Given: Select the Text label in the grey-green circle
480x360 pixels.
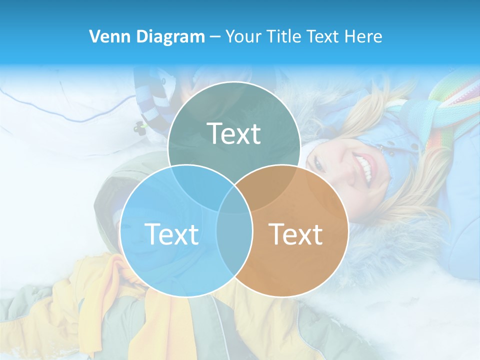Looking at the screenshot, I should coord(233,133).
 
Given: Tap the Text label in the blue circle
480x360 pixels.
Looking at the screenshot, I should coord(171,233).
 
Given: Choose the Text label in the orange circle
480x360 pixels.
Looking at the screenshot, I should coord(295,233).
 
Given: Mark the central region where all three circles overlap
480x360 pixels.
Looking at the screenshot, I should coord(234,200).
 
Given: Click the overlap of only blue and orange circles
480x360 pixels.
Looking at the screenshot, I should coord(234,240).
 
